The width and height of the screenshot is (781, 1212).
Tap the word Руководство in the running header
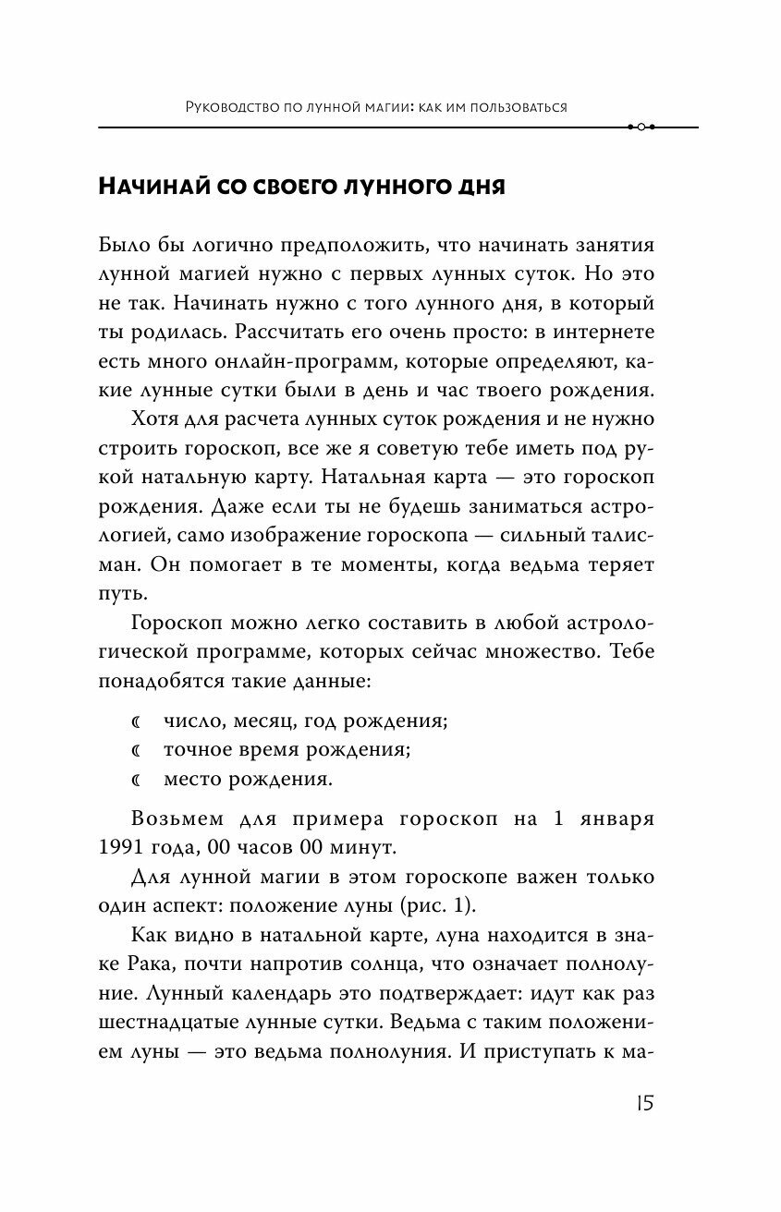[x=230, y=107]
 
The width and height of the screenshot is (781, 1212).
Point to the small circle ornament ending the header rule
[x=641, y=127]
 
